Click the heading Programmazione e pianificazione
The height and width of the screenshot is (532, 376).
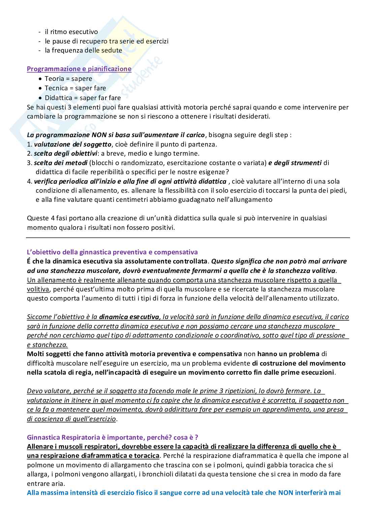coord(79,69)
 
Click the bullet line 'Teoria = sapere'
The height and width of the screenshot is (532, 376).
coord(68,79)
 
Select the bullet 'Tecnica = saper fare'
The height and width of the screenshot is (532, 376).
coord(75,88)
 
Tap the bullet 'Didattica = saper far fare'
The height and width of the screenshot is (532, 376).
coord(83,98)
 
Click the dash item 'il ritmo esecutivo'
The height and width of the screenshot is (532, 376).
coord(71,32)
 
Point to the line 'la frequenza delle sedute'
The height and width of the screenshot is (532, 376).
coord(83,51)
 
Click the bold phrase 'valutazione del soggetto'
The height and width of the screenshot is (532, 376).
coord(72,145)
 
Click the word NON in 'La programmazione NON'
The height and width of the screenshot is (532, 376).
coord(95,135)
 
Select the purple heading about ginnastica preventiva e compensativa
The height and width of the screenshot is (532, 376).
coord(112,252)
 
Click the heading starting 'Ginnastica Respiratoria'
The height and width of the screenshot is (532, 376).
coord(112,437)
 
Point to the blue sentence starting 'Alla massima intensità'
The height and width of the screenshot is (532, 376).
coord(184,493)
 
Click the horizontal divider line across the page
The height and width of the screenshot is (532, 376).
coord(188,238)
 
